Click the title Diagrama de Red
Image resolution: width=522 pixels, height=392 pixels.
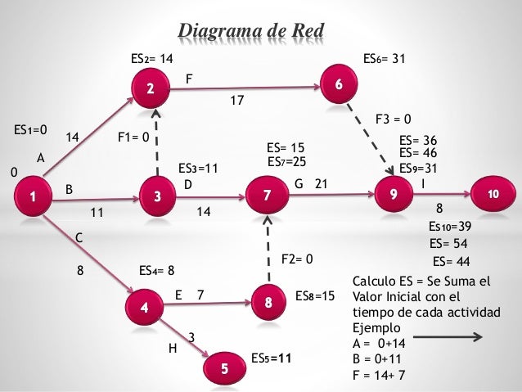(x=252, y=31)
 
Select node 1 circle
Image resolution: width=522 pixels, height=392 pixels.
(x=33, y=197)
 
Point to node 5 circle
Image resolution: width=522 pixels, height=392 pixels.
(x=339, y=86)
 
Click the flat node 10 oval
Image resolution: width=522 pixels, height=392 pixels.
(x=493, y=195)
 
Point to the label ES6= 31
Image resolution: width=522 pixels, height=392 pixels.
(x=384, y=59)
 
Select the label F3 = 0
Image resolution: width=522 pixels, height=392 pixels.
(x=393, y=119)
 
